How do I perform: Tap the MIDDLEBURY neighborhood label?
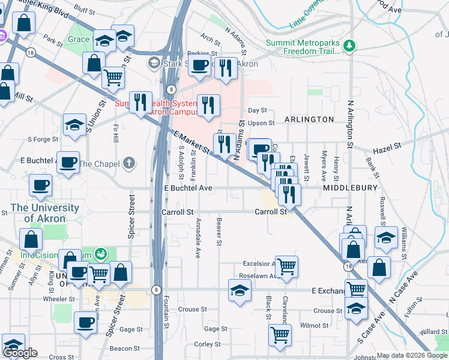(x=350, y=188)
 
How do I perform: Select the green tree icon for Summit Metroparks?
(x=348, y=46)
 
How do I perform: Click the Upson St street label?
(x=261, y=123)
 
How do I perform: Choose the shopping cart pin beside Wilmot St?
(x=280, y=335)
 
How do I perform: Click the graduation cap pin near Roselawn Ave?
(x=240, y=291)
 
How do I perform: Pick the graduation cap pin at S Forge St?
(x=74, y=125)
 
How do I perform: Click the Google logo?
(x=20, y=353)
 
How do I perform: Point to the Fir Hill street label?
(x=115, y=128)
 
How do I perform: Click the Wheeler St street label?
(x=59, y=298)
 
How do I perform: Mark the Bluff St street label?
(x=86, y=11)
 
